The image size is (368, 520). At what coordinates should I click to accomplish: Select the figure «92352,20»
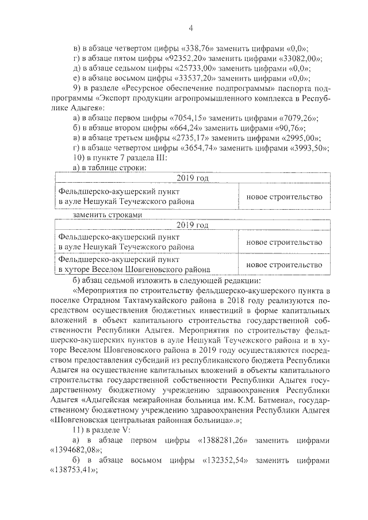(x=183, y=59)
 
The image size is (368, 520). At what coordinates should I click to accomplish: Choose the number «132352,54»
(x=221, y=461)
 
